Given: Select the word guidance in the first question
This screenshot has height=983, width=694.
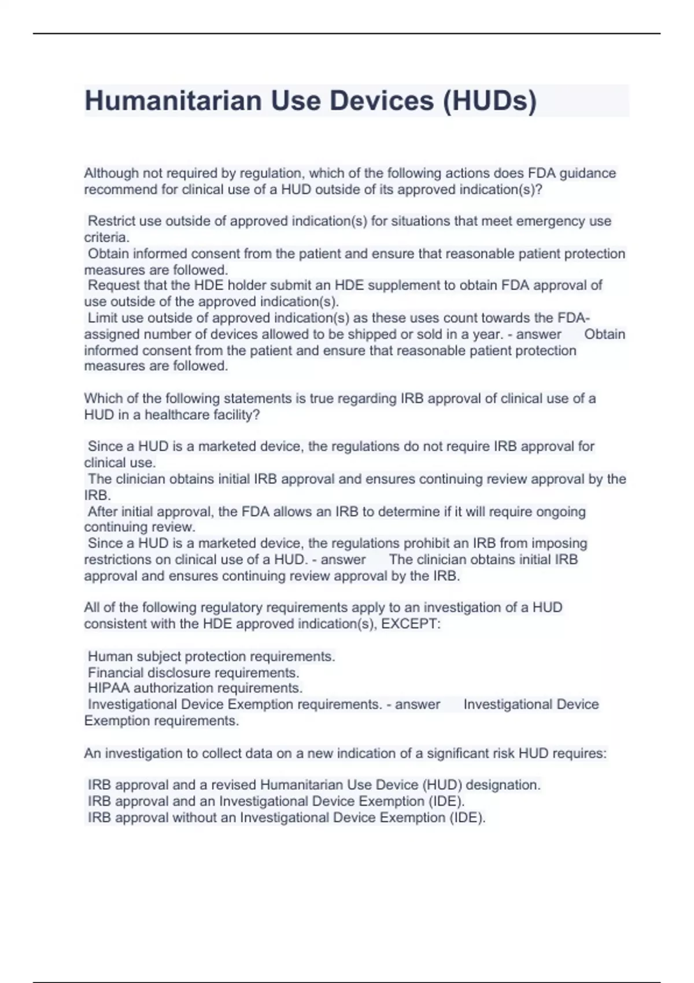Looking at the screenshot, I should point(588,173).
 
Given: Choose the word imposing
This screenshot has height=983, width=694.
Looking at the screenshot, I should point(560,543).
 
